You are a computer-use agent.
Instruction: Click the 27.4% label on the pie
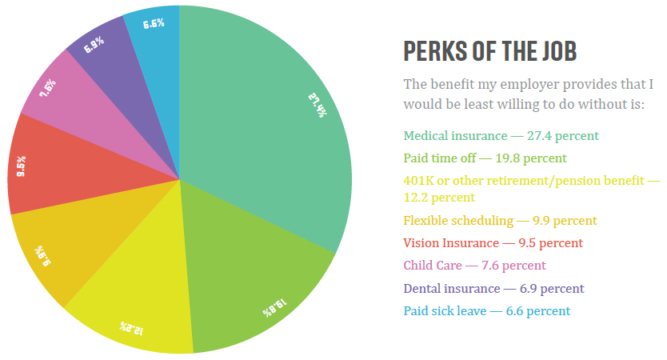[318, 106]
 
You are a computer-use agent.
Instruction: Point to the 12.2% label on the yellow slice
[131, 328]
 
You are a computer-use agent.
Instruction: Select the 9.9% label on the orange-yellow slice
[42, 256]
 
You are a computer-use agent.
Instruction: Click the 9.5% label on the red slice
[21, 166]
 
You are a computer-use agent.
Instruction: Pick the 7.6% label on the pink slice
[48, 88]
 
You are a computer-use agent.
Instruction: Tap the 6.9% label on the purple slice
[94, 45]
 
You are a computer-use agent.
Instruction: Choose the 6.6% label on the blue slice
[154, 24]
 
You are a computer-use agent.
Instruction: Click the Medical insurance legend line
[501, 136]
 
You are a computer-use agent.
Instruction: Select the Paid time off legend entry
[485, 158]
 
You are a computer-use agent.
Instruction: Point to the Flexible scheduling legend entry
[501, 221]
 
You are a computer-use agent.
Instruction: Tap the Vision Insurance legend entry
[493, 243]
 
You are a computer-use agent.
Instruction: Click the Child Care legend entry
[474, 266]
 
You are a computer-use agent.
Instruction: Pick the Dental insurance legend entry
[494, 289]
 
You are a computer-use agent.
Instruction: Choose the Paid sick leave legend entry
[486, 311]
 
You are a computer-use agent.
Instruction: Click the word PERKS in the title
[435, 51]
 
